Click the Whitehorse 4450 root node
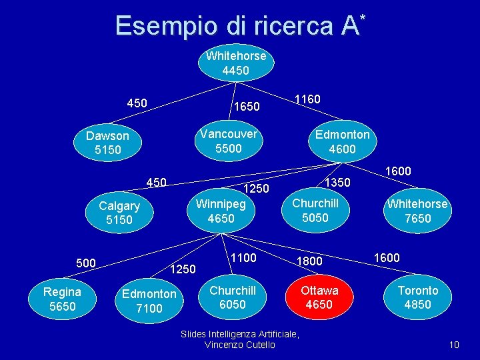pos(236,63)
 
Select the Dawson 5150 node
pos(108,143)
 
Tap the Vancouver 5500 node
pos(229,141)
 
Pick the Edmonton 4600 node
pos(342,141)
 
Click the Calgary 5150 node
pos(119,213)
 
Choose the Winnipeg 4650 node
pos(221,211)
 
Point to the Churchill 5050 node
pos(315,210)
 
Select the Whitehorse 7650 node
pos(417,211)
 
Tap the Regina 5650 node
pos(62,299)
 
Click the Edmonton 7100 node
pos(149,301)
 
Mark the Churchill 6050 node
pos(233,297)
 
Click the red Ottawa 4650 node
pos(319,297)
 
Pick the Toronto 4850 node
pos(418,297)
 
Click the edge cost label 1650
pos(246,107)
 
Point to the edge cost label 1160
pos(307,99)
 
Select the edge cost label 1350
pos(337,182)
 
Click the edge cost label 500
pos(86,263)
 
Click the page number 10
pos(454,345)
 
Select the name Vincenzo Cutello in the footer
pos(240,345)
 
